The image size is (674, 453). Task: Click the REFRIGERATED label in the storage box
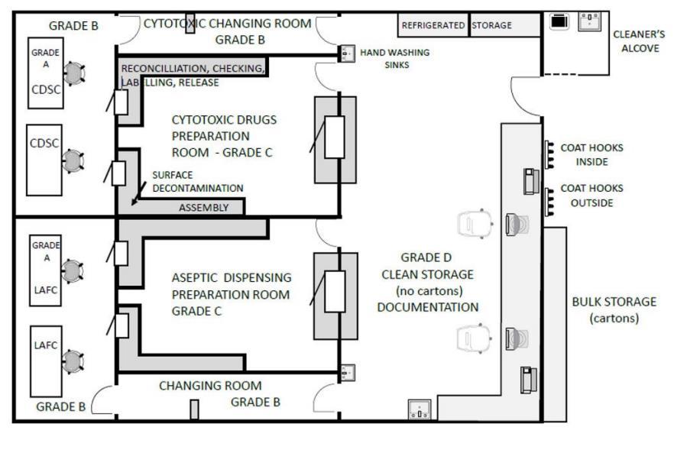[433, 25]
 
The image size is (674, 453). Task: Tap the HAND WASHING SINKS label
[395, 59]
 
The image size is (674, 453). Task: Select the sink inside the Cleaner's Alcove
[589, 21]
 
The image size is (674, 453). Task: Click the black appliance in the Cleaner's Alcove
[559, 21]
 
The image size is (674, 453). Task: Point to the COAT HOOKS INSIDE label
[592, 155]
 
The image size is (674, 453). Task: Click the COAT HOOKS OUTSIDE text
[592, 196]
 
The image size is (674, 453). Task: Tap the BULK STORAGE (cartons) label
[614, 310]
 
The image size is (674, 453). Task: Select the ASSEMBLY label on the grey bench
[204, 208]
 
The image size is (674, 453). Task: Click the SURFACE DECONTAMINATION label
[198, 181]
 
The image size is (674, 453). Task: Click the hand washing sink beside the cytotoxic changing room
[346, 53]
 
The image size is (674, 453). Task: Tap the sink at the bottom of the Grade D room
[419, 409]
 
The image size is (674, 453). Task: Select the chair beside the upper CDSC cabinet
[74, 73]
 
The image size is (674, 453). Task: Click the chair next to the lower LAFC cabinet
[72, 361]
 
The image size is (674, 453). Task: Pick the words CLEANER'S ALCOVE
[639, 41]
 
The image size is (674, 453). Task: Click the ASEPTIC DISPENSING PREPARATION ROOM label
[232, 294]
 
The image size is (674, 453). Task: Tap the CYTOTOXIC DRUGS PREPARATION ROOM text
[224, 136]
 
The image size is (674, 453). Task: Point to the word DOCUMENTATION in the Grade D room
[428, 307]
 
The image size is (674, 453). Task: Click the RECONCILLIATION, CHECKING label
[193, 69]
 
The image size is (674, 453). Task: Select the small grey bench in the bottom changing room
[194, 409]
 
